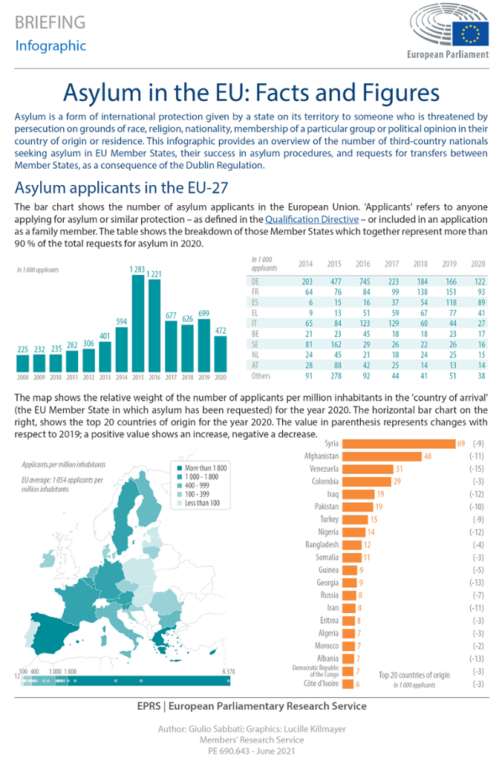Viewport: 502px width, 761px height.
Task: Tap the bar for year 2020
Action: (219, 353)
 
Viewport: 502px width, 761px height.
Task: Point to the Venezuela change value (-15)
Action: (477, 469)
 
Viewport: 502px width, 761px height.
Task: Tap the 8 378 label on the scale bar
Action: (229, 671)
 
